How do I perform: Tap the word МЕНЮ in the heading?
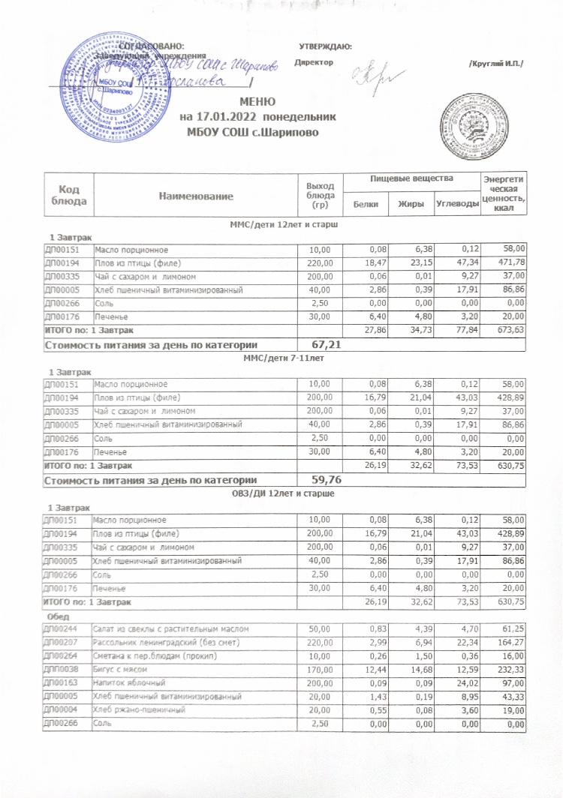tap(257, 102)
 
